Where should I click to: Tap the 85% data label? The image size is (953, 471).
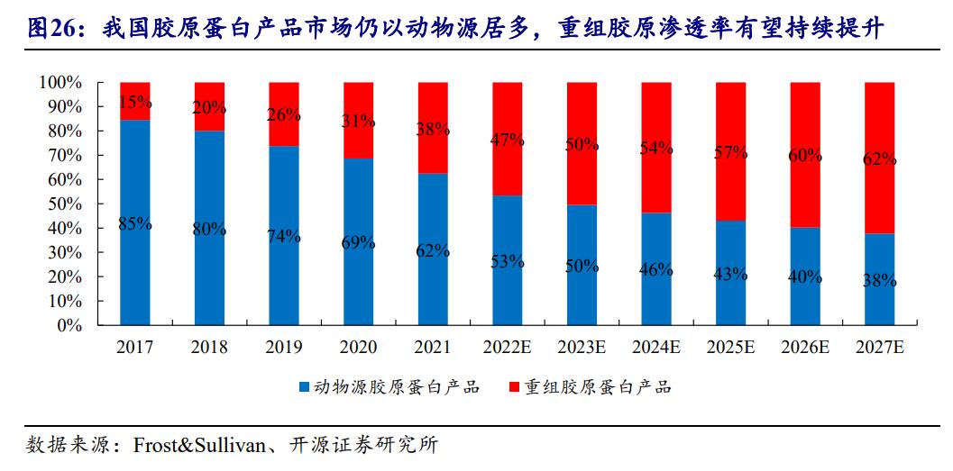point(134,224)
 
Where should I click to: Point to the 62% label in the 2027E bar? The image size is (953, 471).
point(879,159)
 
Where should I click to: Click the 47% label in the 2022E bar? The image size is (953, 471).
point(507,139)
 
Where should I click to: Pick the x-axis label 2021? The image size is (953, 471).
point(432,348)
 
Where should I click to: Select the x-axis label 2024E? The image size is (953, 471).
point(655,348)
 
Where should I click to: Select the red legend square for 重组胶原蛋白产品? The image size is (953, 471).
point(514,388)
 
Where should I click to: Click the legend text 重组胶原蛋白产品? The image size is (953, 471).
point(599,388)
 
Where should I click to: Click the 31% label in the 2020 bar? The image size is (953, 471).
point(358,121)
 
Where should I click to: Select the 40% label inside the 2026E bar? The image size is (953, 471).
point(804,277)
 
